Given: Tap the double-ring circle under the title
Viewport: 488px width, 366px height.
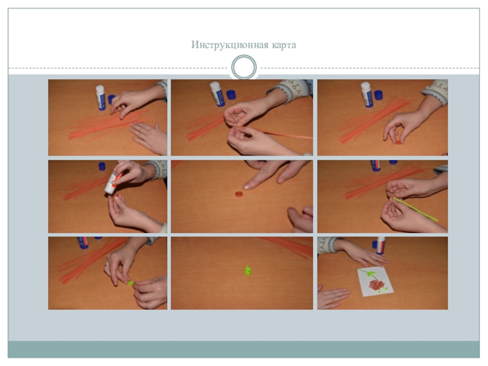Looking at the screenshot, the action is point(244,67).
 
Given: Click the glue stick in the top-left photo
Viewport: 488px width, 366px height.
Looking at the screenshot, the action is point(100,98).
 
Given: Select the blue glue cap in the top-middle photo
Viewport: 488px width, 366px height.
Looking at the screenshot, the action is point(231,95).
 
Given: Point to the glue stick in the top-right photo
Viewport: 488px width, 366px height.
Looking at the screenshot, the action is point(367,95).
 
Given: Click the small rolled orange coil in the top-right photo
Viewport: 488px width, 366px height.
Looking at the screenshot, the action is point(398,143).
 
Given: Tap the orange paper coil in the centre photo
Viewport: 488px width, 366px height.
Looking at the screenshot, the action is point(239,194).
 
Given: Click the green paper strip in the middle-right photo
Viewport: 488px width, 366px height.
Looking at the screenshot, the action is point(416,209).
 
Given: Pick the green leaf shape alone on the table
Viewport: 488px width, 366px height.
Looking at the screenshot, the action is point(248,270).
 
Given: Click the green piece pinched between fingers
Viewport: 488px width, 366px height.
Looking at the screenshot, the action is point(131,283).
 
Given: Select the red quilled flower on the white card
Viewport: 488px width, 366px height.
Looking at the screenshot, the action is point(376,284).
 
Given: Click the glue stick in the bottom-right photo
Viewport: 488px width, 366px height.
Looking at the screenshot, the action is point(380,246).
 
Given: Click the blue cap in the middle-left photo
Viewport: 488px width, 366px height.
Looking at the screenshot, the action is point(102,166).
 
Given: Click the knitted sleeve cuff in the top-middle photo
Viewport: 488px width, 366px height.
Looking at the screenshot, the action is point(290,90).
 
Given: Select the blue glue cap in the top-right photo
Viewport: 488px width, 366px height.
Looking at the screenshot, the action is point(378,95).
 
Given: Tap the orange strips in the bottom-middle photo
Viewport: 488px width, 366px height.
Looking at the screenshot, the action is point(286,246).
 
